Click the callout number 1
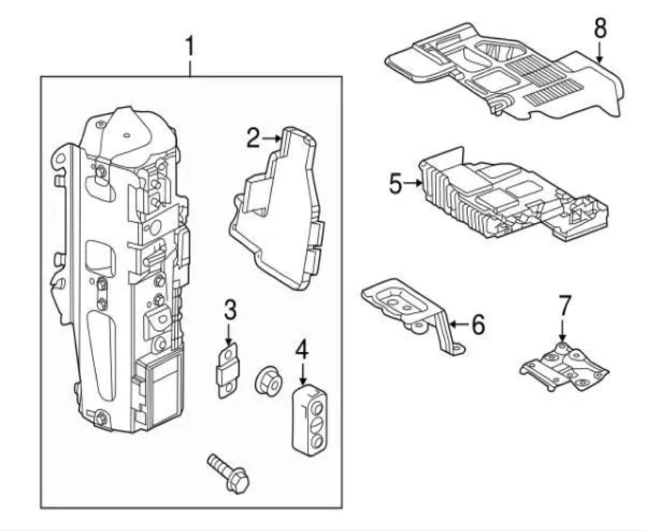(x=190, y=47)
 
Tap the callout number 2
(x=253, y=139)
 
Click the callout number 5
(x=395, y=183)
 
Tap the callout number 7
(x=564, y=305)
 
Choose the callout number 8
(x=600, y=28)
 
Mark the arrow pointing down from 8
(x=600, y=54)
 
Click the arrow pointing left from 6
(x=457, y=324)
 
